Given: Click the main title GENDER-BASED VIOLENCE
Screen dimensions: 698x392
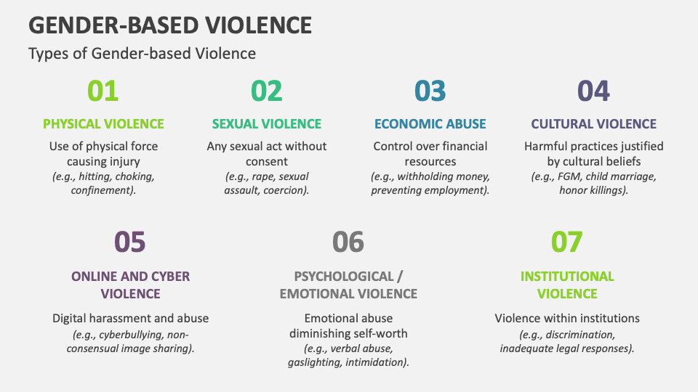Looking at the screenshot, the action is tap(170, 25).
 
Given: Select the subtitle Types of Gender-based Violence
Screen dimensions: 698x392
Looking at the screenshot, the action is tap(142, 53).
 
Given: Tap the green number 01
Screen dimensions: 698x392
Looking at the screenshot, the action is tap(103, 91).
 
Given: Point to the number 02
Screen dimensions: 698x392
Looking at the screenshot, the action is tap(267, 91).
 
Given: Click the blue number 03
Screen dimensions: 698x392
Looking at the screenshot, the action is tap(430, 91).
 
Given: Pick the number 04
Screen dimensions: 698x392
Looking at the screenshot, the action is tap(593, 91).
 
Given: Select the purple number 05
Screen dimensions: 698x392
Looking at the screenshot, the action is tap(130, 242).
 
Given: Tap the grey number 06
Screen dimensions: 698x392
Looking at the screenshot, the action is tap(348, 242).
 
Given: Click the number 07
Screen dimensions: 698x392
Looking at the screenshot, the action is tap(566, 242).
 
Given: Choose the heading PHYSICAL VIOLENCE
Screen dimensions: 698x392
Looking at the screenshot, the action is tap(103, 124).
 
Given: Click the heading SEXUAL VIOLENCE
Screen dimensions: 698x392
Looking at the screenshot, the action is tap(267, 124).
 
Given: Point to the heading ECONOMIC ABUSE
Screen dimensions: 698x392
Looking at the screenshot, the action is tap(430, 124).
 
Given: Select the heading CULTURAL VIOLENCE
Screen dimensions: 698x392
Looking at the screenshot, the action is tap(594, 124).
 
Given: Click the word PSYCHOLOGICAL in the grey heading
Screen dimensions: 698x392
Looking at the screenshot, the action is tap(344, 277).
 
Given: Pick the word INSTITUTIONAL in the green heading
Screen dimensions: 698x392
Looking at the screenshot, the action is tap(567, 277).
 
